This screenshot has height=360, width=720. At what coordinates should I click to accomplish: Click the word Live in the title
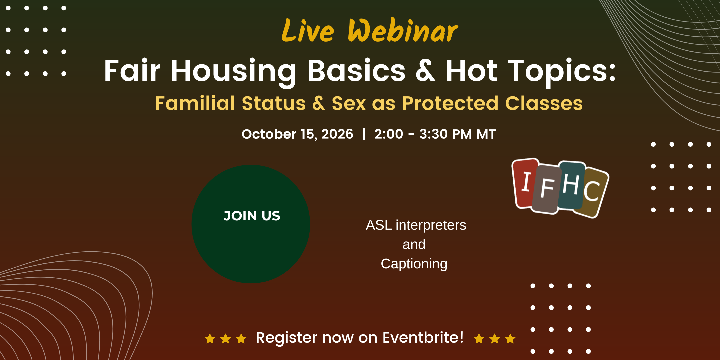[308, 31]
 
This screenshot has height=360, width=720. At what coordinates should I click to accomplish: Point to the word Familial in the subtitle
[195, 103]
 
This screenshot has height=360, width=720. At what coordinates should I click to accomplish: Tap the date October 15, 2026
[297, 134]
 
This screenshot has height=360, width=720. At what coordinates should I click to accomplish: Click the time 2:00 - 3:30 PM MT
[435, 134]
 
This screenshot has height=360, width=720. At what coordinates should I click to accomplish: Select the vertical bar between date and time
[364, 134]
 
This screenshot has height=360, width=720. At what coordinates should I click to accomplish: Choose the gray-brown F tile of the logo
[547, 189]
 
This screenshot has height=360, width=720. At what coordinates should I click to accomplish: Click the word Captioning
[414, 264]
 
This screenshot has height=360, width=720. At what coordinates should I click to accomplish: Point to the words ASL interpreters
[416, 225]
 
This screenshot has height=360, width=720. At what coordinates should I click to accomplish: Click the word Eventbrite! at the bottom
[423, 337]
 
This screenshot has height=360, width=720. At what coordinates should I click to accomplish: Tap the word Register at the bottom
[286, 338]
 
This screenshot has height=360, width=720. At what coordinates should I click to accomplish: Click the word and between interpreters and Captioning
[414, 244]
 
